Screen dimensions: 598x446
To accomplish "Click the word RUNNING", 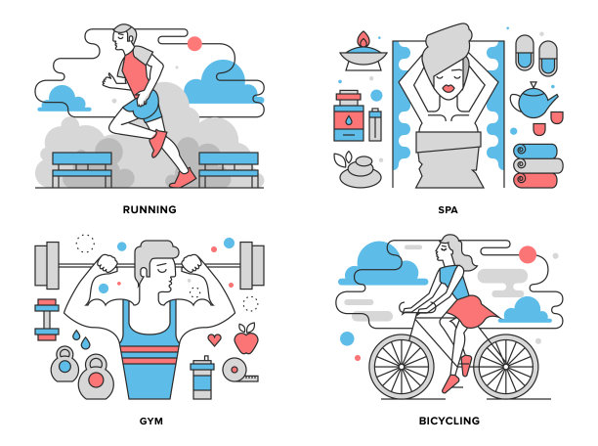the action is [x=149, y=209].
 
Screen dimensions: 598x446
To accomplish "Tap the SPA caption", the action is [x=448, y=209].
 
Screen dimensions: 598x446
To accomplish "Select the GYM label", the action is [x=151, y=422].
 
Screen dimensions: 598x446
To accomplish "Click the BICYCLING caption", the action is [x=449, y=421].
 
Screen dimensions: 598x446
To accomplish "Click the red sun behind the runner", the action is [x=194, y=44].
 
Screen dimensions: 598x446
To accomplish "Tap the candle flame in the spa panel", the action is [x=363, y=39].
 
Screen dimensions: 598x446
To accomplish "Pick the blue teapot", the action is [x=534, y=101].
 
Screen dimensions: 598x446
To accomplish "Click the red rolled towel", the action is [x=535, y=181].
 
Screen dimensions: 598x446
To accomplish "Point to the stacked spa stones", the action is [x=361, y=172].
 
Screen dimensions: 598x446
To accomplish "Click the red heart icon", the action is [x=214, y=339].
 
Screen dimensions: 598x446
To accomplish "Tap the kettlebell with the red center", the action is [x=96, y=378].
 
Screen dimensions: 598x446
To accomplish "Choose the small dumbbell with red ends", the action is [x=47, y=320].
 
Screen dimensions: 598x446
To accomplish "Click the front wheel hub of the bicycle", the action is [x=402, y=367].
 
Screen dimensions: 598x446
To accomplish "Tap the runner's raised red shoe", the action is [x=157, y=143].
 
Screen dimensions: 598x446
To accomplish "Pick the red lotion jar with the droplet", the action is [x=349, y=116].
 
